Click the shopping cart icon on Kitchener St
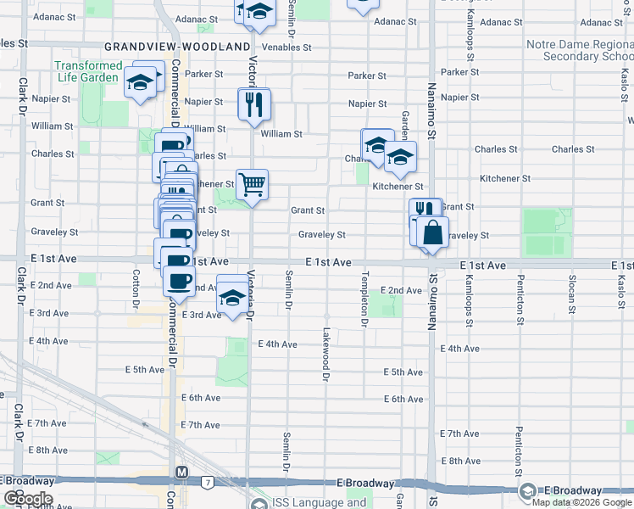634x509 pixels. [x=252, y=183]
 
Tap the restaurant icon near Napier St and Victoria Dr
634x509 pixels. [x=253, y=104]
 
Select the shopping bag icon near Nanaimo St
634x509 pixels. [x=432, y=232]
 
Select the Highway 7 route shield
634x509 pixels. [x=207, y=482]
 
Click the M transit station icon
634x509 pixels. [x=181, y=473]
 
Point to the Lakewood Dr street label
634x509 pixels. [x=325, y=348]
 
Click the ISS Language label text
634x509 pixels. [x=320, y=502]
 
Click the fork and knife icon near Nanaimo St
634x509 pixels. [x=425, y=211]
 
